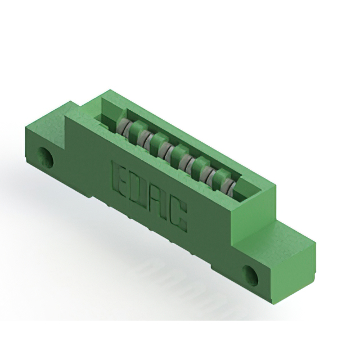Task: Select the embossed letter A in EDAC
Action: click(x=157, y=204)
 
